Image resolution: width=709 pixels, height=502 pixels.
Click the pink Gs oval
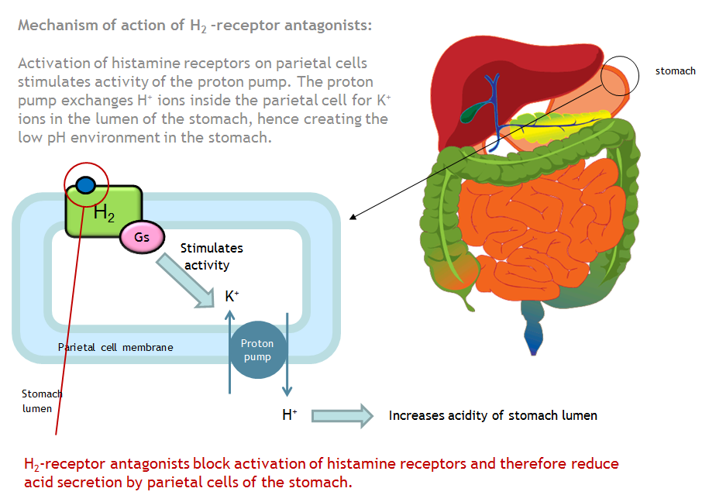tap(142, 238)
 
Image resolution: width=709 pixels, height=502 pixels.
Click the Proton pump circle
tap(256, 351)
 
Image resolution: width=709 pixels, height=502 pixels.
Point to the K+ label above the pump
tap(231, 296)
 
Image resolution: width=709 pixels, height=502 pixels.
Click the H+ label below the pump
tap(289, 415)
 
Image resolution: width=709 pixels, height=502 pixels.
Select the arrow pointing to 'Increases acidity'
tap(342, 416)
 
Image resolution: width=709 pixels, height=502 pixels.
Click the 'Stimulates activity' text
tap(211, 256)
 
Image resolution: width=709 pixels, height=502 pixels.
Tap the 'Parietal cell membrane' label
tap(115, 347)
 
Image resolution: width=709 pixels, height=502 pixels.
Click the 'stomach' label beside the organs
tap(675, 70)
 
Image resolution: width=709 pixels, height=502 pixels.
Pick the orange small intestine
tap(535, 232)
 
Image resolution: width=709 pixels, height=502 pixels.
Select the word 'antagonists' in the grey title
tap(326, 26)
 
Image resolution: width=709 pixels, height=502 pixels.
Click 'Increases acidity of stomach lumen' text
tap(493, 416)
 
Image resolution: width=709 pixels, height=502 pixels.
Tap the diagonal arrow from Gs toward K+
tap(186, 280)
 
